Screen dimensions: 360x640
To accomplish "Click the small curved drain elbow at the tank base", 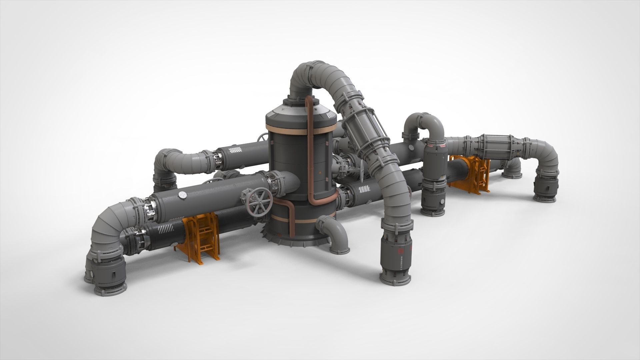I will click(333, 233).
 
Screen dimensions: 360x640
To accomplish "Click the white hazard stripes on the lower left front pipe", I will click(165, 229).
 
